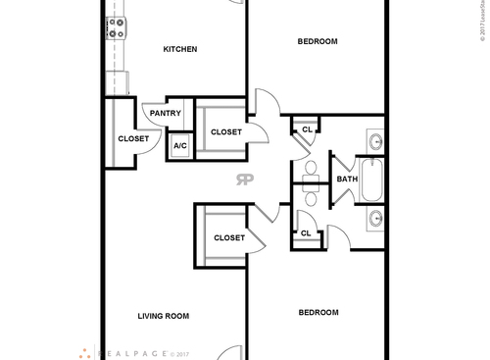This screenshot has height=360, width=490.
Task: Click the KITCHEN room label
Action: [180, 49]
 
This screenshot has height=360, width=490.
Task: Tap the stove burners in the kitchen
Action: [116, 27]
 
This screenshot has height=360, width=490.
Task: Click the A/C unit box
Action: [180, 146]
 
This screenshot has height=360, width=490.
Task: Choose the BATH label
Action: [348, 179]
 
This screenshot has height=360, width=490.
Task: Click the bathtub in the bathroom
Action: [375, 180]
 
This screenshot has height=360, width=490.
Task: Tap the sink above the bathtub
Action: [376, 143]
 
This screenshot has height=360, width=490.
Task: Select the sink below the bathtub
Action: [376, 218]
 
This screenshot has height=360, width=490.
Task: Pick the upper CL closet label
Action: [306, 129]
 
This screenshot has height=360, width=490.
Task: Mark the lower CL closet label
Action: [306, 232]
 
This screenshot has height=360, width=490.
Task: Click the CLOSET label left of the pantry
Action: [133, 138]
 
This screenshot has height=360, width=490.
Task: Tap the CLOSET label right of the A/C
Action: [226, 131]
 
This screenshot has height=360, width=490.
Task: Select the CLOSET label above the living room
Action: [229, 237]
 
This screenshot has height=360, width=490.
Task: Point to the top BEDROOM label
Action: [318, 41]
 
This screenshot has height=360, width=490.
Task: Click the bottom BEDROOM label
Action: [318, 312]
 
